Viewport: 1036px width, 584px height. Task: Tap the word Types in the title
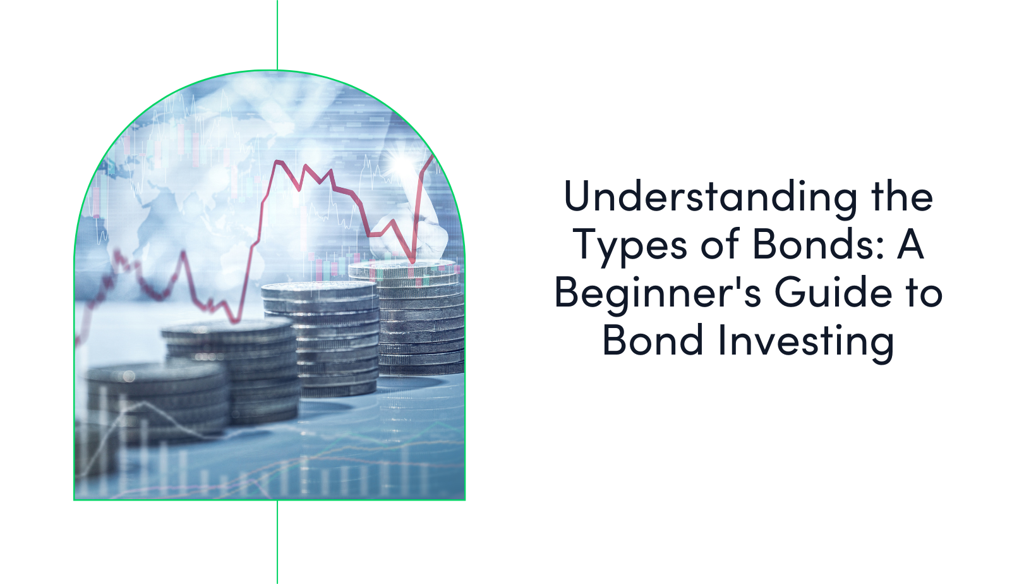pos(629,245)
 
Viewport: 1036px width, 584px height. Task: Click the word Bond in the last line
pos(653,341)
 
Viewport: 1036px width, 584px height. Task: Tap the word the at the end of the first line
pos(901,196)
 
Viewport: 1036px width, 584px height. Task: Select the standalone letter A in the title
pos(910,244)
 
